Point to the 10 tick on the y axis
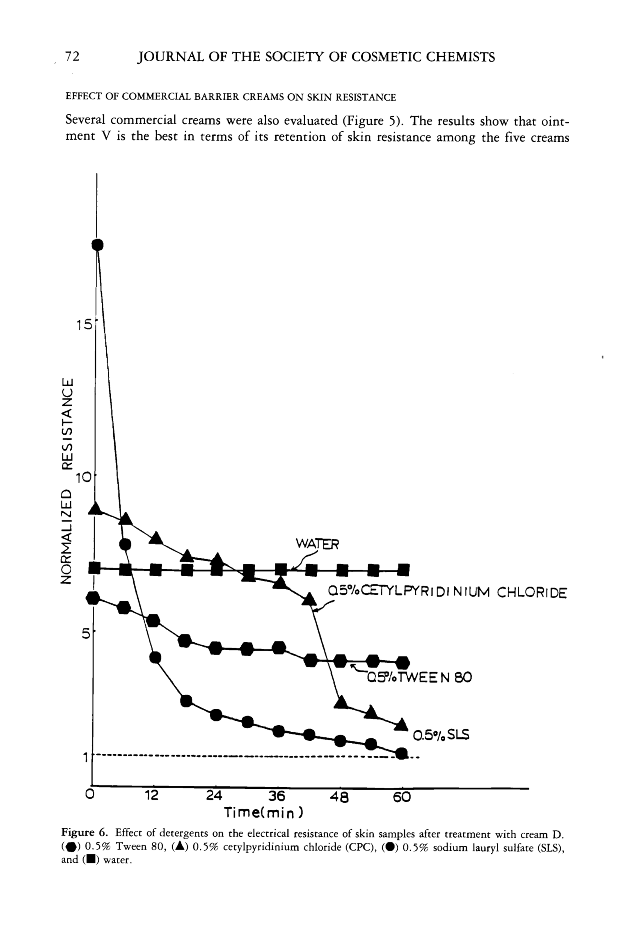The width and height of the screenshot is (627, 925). [x=84, y=478]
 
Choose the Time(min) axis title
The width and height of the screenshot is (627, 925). [x=264, y=812]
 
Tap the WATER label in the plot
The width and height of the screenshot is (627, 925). [x=317, y=544]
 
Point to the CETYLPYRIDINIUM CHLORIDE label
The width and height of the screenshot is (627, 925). [x=447, y=593]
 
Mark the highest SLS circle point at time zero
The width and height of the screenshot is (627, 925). [x=98, y=245]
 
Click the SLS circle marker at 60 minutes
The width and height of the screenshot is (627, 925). [x=402, y=753]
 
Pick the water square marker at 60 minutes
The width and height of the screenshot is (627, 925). [x=403, y=570]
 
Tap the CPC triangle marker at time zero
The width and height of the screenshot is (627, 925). [x=95, y=508]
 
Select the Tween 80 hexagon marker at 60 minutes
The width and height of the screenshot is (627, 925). [x=403, y=663]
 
